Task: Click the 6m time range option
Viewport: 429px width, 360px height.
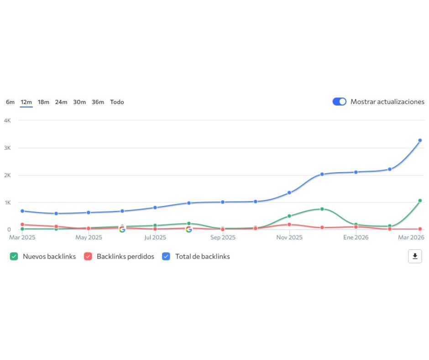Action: (x=10, y=102)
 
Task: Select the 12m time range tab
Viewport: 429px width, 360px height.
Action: (x=26, y=102)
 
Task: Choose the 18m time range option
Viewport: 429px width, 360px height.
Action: (x=43, y=102)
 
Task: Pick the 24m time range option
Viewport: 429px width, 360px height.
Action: (x=61, y=102)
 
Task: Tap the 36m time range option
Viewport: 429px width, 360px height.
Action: (x=98, y=102)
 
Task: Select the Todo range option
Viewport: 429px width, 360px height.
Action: (x=117, y=102)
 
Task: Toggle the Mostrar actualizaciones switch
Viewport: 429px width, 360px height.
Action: (x=340, y=101)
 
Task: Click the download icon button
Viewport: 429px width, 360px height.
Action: (x=415, y=256)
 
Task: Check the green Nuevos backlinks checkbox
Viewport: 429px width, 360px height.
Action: (x=14, y=256)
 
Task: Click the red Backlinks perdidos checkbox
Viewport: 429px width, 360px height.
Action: (x=88, y=256)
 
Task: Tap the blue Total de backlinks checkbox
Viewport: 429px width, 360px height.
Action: (x=166, y=256)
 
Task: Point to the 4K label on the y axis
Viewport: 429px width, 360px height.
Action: (x=7, y=121)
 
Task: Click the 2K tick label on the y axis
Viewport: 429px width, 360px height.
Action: (x=7, y=175)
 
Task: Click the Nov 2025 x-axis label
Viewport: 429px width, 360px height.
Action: (x=289, y=238)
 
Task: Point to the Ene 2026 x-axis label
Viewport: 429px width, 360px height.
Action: (x=356, y=238)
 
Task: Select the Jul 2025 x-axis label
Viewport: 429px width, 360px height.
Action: (x=155, y=238)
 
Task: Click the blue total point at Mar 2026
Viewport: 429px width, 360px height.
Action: (x=420, y=140)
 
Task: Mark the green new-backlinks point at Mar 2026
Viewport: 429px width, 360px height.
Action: (x=420, y=201)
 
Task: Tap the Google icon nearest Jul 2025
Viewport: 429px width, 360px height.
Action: (x=122, y=229)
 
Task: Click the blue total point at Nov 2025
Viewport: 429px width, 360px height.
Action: (x=289, y=192)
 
